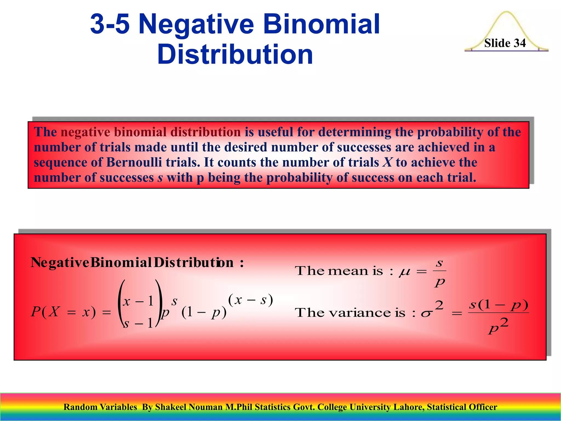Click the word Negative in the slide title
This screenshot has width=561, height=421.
click(x=196, y=25)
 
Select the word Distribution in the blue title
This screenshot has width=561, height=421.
click(x=235, y=55)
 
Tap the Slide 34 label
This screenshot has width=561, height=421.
click(x=505, y=43)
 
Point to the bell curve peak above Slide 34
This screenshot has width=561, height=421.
click(x=506, y=13)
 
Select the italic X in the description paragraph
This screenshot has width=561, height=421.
click(x=387, y=162)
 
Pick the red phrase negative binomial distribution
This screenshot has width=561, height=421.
click(x=151, y=132)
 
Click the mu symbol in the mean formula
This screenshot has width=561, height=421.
click(x=405, y=272)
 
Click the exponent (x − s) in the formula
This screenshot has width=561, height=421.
click(x=250, y=300)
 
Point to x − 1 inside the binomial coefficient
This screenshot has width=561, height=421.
click(x=138, y=301)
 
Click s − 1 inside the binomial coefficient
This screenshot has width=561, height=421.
click(x=138, y=323)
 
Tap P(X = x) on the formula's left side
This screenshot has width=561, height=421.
click(x=64, y=312)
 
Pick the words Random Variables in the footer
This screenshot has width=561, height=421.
click(x=100, y=407)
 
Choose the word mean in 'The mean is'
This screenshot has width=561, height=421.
click(x=348, y=271)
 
